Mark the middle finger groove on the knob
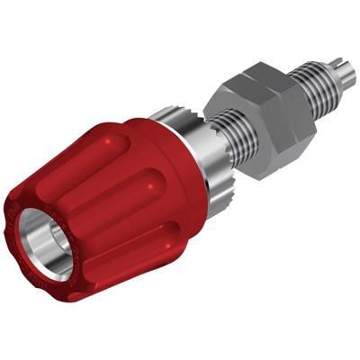pos(135,207)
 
